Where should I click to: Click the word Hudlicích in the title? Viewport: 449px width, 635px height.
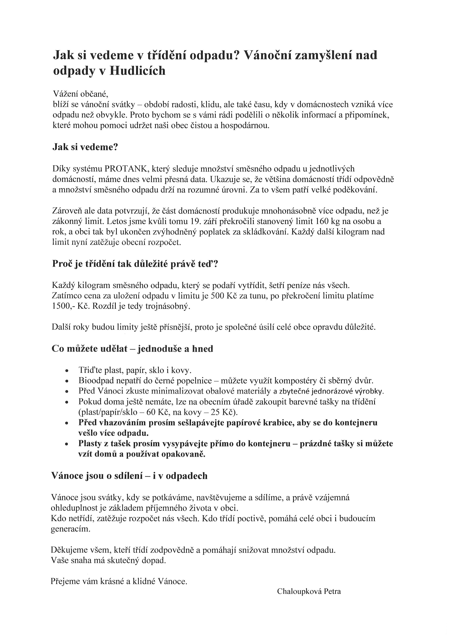137,71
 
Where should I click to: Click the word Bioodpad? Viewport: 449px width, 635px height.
92,381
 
